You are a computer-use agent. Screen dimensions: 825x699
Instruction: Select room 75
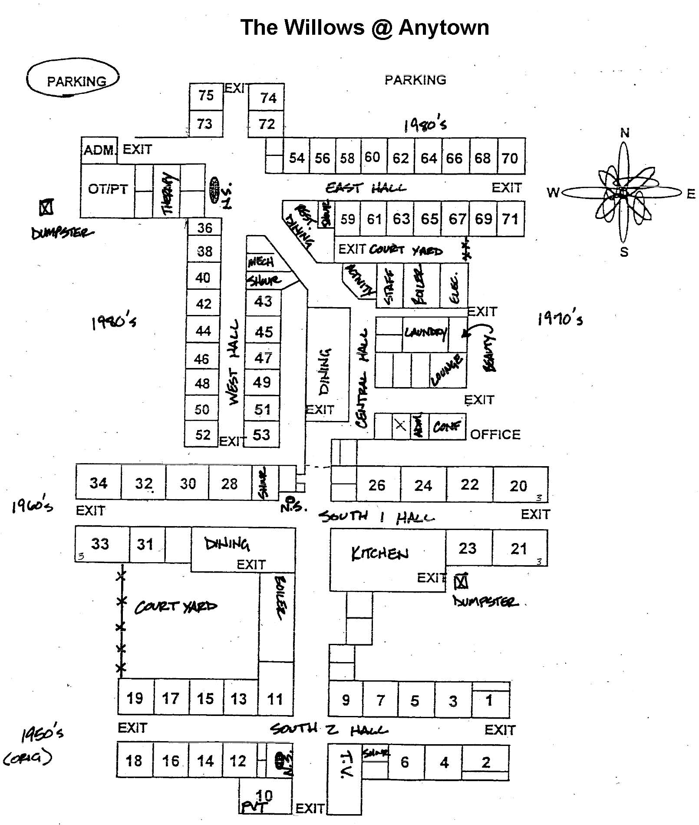[206, 95]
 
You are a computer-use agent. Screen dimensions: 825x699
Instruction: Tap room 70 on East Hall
[510, 158]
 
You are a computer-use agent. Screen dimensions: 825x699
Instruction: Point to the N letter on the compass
[624, 133]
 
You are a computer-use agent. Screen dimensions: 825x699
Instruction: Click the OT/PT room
[108, 189]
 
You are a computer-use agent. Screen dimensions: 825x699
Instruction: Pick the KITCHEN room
[380, 553]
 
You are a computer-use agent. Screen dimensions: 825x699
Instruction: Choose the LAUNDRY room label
[425, 333]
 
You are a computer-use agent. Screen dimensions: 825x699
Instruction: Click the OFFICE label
[495, 434]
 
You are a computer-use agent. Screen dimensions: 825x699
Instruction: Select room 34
[99, 483]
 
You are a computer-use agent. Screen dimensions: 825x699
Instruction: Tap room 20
[518, 486]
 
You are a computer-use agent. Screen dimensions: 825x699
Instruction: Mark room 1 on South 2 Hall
[489, 700]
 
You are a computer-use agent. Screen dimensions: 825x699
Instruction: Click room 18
[134, 760]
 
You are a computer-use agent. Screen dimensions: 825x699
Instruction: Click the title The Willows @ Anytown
[365, 27]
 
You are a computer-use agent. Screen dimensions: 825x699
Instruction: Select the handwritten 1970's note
[560, 318]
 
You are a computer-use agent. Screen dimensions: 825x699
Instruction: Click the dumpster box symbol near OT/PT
[46, 207]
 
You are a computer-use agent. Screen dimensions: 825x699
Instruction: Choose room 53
[261, 434]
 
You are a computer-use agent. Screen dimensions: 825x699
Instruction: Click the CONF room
[447, 427]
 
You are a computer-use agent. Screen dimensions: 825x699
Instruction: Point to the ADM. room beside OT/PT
[99, 150]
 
